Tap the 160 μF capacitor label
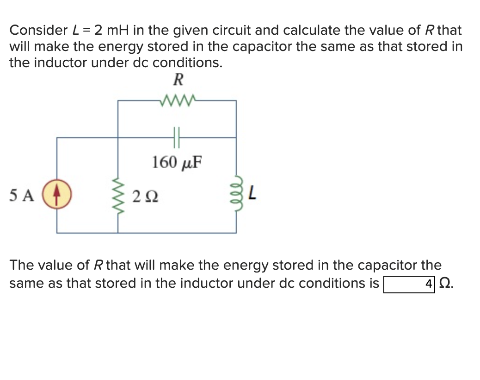(x=178, y=162)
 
